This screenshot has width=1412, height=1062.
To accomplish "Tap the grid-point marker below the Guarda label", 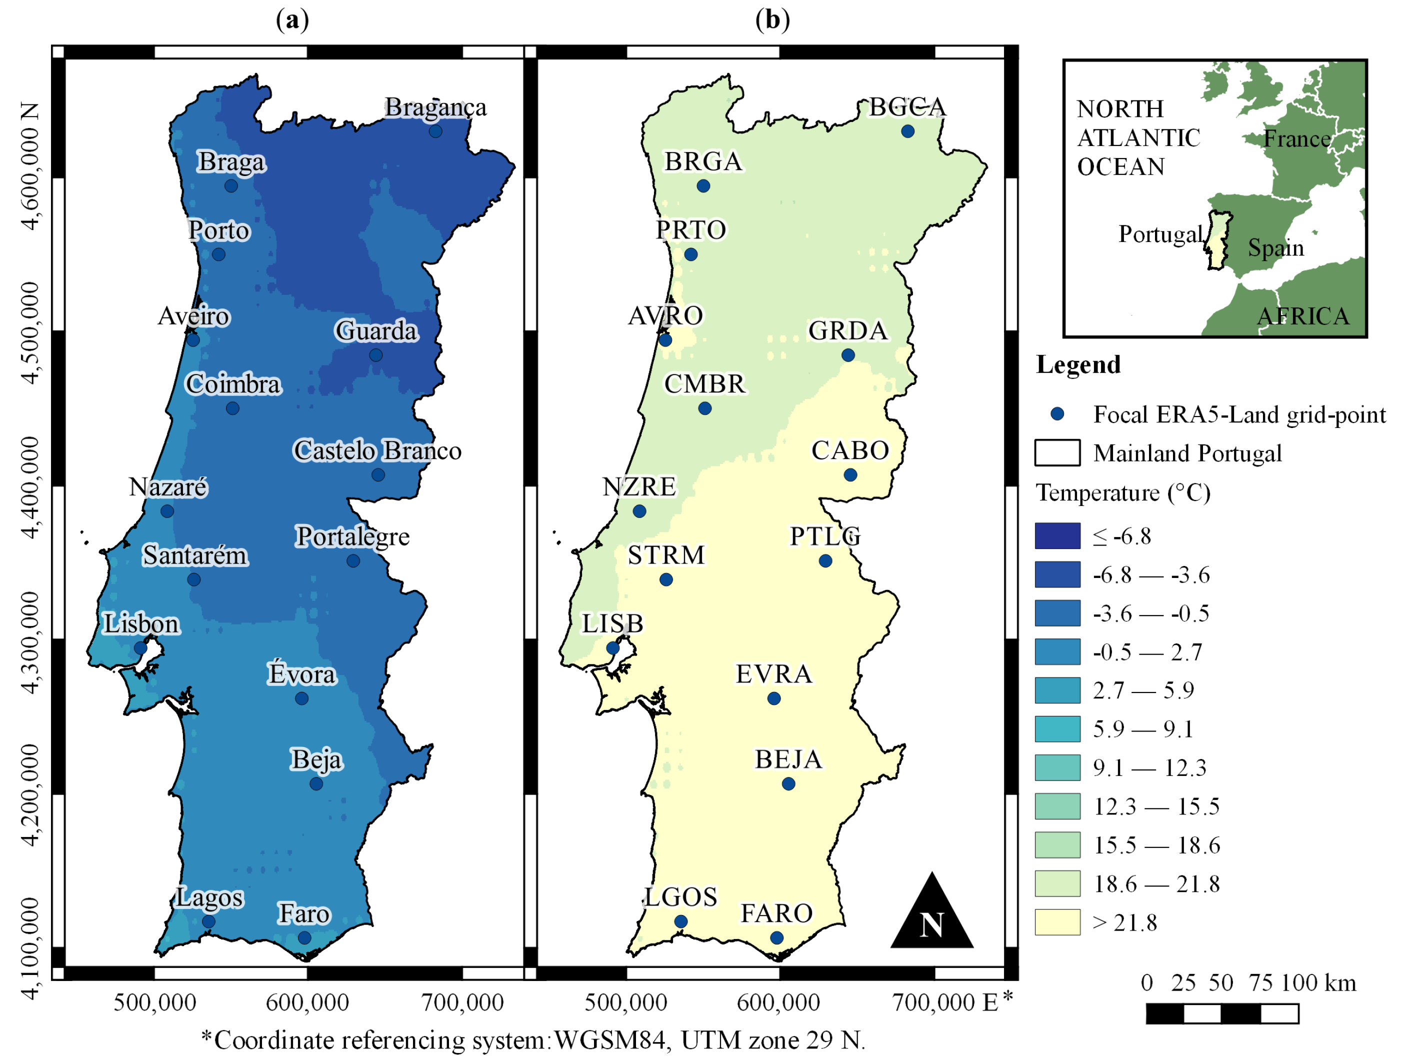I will [x=376, y=355].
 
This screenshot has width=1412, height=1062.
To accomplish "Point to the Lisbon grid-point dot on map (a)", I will [x=140, y=648].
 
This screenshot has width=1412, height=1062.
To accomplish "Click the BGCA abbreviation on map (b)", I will [x=907, y=107].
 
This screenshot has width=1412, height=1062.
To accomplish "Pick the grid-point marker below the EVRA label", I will [x=773, y=698].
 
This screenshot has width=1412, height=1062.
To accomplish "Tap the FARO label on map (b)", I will [x=776, y=913].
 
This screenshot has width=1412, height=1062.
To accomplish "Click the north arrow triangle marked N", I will [x=931, y=916].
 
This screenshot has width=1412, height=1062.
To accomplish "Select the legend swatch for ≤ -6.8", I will [x=1057, y=536].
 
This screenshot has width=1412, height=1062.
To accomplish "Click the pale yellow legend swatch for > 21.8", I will [x=1057, y=922].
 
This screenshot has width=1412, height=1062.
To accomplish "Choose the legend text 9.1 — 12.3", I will [x=1149, y=768].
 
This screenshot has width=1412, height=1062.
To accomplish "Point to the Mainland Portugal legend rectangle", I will [x=1057, y=453].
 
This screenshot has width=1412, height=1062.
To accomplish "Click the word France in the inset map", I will [x=1296, y=138].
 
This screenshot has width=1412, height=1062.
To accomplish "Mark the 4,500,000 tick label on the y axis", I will [x=30, y=332].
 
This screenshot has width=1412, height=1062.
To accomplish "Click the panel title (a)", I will [x=292, y=20].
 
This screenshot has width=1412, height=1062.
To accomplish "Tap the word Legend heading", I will [x=1078, y=364].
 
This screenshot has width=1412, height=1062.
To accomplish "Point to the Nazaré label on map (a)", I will [x=168, y=487].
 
